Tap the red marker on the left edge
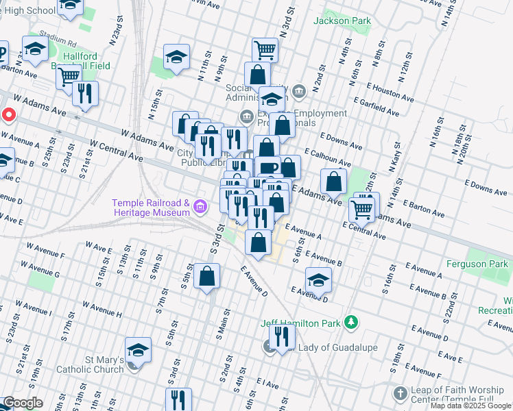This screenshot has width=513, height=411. pyautogui.click(x=8, y=115)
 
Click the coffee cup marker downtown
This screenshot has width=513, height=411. pyautogui.click(x=267, y=168)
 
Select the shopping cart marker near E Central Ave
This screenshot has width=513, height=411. pyautogui.click(x=361, y=208)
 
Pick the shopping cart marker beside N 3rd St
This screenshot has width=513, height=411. pyautogui.click(x=264, y=49)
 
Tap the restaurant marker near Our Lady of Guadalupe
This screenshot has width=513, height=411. pyautogui.click(x=282, y=336)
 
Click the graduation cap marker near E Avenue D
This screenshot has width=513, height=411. pyautogui.click(x=318, y=280)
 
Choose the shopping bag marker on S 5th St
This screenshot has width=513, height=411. pyautogui.click(x=206, y=276)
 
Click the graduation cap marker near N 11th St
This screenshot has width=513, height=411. pyautogui.click(x=176, y=57)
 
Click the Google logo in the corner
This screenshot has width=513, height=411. pyautogui.click(x=23, y=403)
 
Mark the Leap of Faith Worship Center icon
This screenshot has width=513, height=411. pyautogui.click(x=401, y=394)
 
